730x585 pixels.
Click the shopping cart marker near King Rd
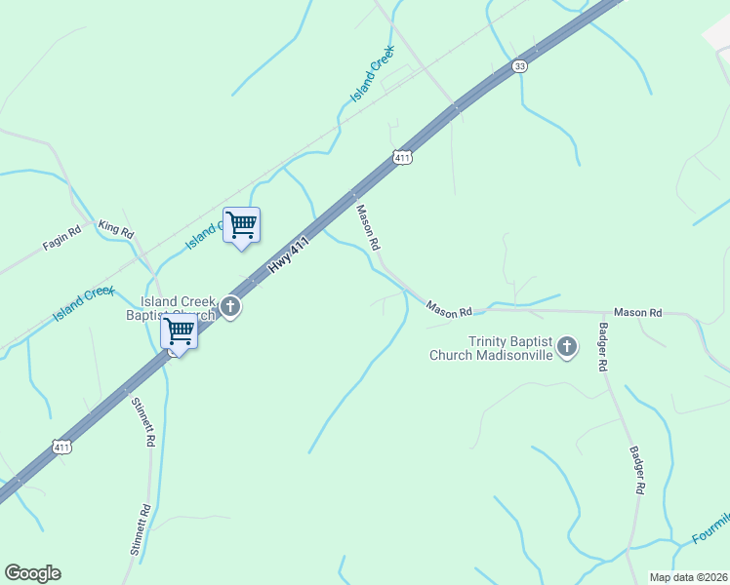241,225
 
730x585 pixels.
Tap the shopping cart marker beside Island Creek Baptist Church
179,331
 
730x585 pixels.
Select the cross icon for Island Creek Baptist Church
230,308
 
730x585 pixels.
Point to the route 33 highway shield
519,66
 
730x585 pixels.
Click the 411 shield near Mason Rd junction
402,156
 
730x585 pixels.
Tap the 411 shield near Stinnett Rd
61,447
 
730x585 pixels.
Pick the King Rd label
115,230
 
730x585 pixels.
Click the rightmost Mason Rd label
638,312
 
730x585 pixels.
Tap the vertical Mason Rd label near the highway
367,225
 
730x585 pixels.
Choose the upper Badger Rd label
603,345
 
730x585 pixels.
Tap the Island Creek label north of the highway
373,73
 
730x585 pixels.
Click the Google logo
32,573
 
